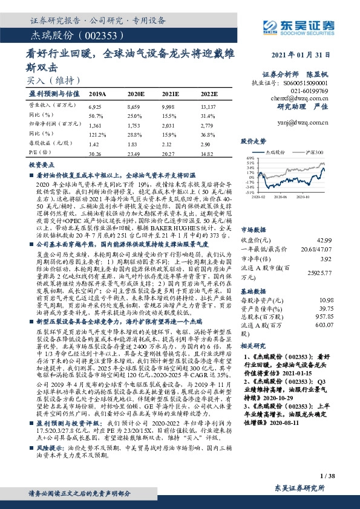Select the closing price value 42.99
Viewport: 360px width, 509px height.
[326, 224]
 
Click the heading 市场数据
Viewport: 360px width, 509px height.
[254, 213]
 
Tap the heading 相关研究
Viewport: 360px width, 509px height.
[254, 347]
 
